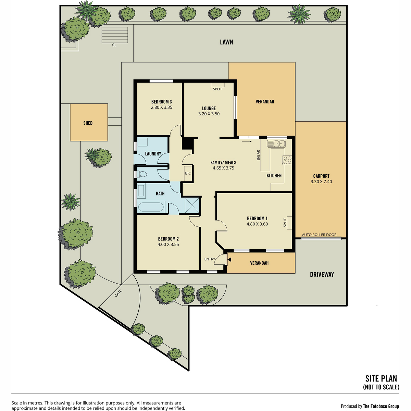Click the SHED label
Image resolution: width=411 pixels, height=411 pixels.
click(88, 123)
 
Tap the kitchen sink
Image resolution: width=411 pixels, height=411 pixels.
click(276, 143)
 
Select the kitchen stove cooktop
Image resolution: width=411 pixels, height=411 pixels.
click(287, 160)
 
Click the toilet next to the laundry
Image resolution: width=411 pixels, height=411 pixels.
click(142, 174)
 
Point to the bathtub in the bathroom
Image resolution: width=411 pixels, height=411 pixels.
click(151, 207)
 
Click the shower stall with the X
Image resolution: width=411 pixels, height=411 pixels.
click(192, 205)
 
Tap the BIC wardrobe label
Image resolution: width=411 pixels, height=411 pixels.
click(188, 173)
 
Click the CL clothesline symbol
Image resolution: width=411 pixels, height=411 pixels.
click(115, 35)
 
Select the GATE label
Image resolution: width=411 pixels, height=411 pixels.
click(119, 293)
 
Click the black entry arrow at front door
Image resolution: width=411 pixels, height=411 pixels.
click(229, 260)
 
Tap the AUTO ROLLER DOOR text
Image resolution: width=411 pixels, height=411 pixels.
click(319, 235)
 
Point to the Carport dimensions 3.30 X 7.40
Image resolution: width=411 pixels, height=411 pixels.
click(321, 182)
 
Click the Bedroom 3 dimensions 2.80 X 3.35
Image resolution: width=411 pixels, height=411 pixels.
click(161, 107)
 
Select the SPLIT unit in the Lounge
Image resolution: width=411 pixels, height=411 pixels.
click(217, 85)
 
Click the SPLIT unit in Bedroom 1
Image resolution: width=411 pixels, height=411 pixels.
click(289, 223)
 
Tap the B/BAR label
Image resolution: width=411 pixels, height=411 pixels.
click(259, 155)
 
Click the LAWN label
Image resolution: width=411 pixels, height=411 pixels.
click(226, 42)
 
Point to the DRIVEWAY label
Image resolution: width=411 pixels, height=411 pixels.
click(322, 274)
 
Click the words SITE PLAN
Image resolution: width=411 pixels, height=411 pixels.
click(381, 378)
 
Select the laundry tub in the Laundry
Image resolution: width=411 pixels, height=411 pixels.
click(142, 142)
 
